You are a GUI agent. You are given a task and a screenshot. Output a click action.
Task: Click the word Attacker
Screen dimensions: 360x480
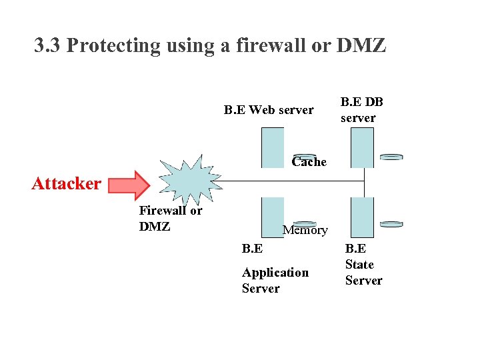[x=66, y=183]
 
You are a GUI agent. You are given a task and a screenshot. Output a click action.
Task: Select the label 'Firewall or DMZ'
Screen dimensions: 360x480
[x=170, y=218]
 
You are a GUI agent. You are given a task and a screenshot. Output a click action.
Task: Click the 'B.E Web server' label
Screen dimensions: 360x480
[x=268, y=110]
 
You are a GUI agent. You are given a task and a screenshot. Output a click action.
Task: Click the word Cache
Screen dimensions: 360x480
[x=309, y=162]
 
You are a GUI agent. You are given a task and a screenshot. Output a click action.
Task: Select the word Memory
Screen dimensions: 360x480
[x=305, y=231]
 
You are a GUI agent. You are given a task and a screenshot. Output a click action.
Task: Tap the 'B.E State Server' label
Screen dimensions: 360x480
[x=363, y=265]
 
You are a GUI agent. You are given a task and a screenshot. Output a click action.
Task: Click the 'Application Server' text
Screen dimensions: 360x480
[x=275, y=280]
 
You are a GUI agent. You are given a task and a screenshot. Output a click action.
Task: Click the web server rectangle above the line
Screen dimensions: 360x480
[x=273, y=147]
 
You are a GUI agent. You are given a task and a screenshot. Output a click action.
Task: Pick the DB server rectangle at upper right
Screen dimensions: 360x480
[x=362, y=147]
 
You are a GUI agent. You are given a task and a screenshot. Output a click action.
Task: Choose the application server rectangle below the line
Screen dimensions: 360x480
[x=273, y=217]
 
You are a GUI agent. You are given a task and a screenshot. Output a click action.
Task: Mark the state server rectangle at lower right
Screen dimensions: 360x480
[x=362, y=217]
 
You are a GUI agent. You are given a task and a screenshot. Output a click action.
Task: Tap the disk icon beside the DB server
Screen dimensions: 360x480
[x=391, y=157]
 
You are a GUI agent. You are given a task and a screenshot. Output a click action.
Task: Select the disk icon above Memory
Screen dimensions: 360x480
[x=305, y=223]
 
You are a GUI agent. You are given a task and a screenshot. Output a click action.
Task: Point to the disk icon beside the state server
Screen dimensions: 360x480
[x=391, y=225]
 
